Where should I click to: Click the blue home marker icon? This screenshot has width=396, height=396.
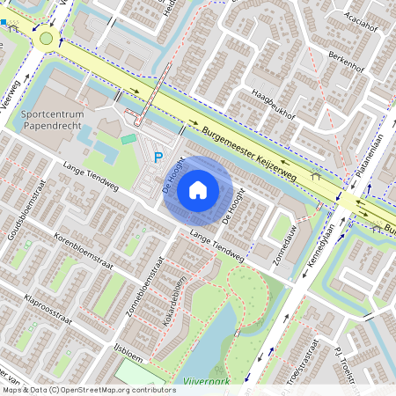click(x=198, y=190)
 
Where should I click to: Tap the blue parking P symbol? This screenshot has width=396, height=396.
click(x=158, y=158)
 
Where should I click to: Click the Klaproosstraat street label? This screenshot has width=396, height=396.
click(x=55, y=306)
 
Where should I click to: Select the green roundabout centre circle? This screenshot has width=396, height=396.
click(x=46, y=38)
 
